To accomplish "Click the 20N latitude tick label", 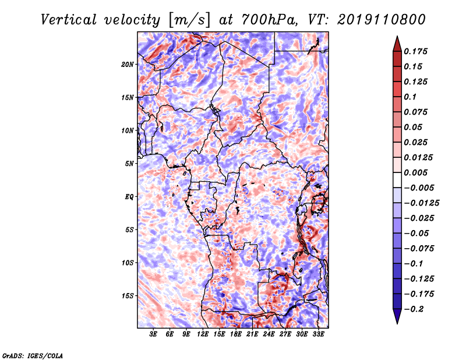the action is tap(127, 65).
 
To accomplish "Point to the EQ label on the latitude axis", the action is tap(129, 197).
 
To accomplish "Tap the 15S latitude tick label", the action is tap(127, 296).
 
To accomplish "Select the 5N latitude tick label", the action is tap(129, 164).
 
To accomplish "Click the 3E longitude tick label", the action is tap(153, 334).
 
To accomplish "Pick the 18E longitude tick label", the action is tap(236, 334).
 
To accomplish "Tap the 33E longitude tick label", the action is tap(318, 334).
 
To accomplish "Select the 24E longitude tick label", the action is tap(269, 334).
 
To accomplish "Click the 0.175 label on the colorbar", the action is tap(415, 51).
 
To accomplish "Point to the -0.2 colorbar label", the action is tap(414, 309).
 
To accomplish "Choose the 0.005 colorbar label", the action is tap(415, 172).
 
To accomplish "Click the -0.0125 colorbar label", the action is tap(421, 203).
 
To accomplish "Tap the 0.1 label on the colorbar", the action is tap(410, 97).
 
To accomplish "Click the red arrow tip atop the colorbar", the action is tap(397, 37).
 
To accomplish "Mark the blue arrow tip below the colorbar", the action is tap(397, 323).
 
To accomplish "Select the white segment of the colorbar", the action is tap(397, 180).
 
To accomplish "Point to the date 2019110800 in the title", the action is tap(382, 20).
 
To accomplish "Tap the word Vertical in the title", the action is tap(69, 20).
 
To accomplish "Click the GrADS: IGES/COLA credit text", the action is tap(33, 355).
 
